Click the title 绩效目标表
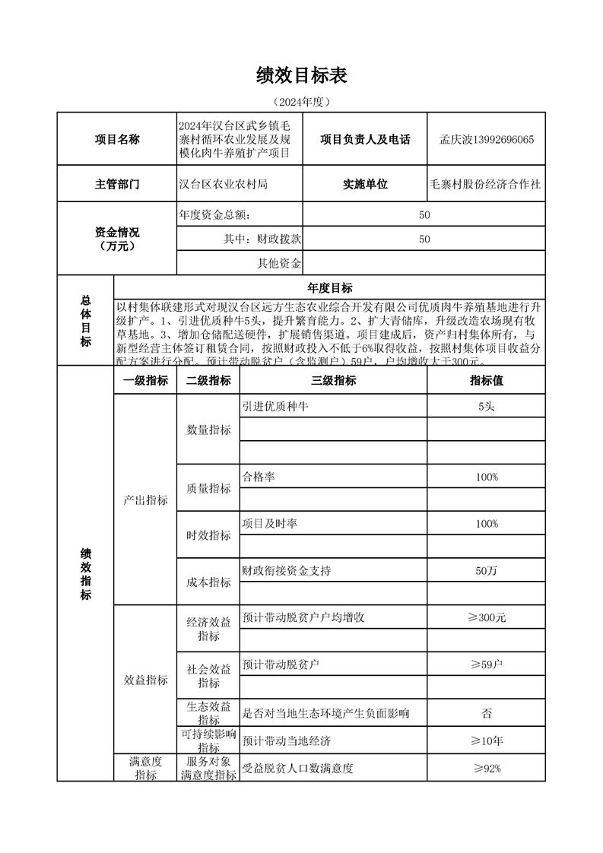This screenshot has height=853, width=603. tap(302, 75)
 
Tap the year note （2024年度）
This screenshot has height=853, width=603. tap(302, 101)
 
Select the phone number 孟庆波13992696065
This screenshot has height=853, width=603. tap(487, 140)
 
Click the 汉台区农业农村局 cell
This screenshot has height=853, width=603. tap(224, 185)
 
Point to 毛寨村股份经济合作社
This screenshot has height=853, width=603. tap(486, 185)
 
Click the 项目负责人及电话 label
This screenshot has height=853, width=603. tap(365, 140)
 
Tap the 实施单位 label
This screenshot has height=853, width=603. tap(365, 185)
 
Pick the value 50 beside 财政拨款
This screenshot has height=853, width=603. tap(424, 239)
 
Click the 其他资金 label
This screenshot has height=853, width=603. tap(280, 264)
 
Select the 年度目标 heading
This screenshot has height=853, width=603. tap(329, 288)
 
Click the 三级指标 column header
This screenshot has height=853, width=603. tap(334, 381)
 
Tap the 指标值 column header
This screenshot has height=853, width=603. tap(487, 381)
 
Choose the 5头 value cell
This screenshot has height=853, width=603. tap(487, 407)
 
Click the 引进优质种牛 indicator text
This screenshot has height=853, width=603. tap(275, 407)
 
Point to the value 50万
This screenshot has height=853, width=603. tap(487, 571)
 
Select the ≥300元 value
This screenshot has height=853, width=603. tap(487, 617)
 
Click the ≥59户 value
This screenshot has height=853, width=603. tap(487, 665)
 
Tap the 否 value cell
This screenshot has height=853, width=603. tap(487, 713)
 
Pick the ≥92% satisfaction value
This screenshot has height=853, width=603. tap(487, 769)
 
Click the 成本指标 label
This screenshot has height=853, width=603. tap(209, 582)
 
